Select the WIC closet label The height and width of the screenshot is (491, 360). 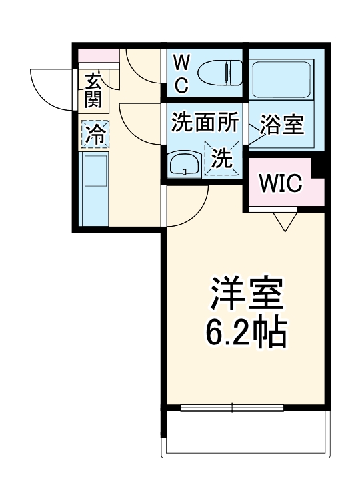tap(281, 182)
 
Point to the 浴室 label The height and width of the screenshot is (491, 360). tap(282, 124)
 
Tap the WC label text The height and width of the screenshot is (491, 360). tap(181, 74)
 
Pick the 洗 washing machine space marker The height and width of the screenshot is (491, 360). tap(221, 159)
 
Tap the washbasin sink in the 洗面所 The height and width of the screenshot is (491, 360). tap(183, 163)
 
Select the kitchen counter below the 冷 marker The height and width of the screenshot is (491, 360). tap(94, 190)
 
